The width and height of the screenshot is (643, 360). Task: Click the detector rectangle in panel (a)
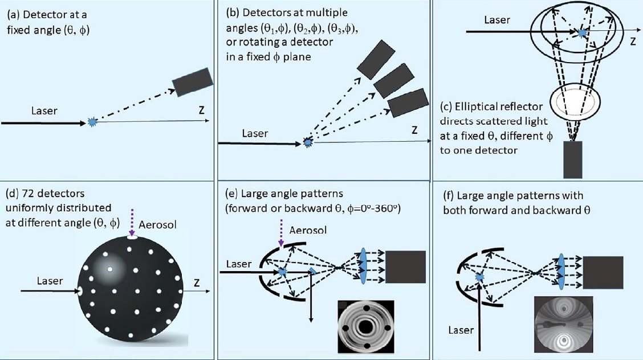click(192, 83)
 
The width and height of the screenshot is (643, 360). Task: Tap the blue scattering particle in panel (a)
click(92, 121)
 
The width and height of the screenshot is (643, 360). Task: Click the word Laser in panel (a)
click(44, 111)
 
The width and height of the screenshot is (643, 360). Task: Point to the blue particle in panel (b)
click(308, 142)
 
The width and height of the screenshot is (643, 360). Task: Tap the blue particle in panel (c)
click(581, 34)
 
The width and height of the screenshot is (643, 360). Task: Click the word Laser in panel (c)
click(497, 20)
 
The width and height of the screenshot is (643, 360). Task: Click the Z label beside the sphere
click(197, 283)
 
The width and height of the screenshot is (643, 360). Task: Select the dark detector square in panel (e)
click(406, 267)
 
